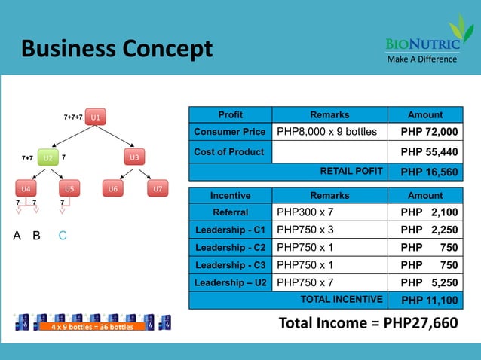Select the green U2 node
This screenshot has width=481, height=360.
click(47, 157)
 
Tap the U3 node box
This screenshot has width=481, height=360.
click(134, 157)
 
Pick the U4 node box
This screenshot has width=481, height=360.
click(26, 188)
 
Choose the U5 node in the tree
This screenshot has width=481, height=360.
click(69, 188)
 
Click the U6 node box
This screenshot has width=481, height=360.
click(112, 188)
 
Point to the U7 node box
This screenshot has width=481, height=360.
click(156, 188)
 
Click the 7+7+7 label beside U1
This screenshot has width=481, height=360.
click(72, 117)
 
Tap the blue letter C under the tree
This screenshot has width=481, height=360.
click(63, 236)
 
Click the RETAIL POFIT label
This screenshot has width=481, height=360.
click(351, 171)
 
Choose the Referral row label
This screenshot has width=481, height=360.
click(230, 212)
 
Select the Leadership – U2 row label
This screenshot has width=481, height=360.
click(230, 282)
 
